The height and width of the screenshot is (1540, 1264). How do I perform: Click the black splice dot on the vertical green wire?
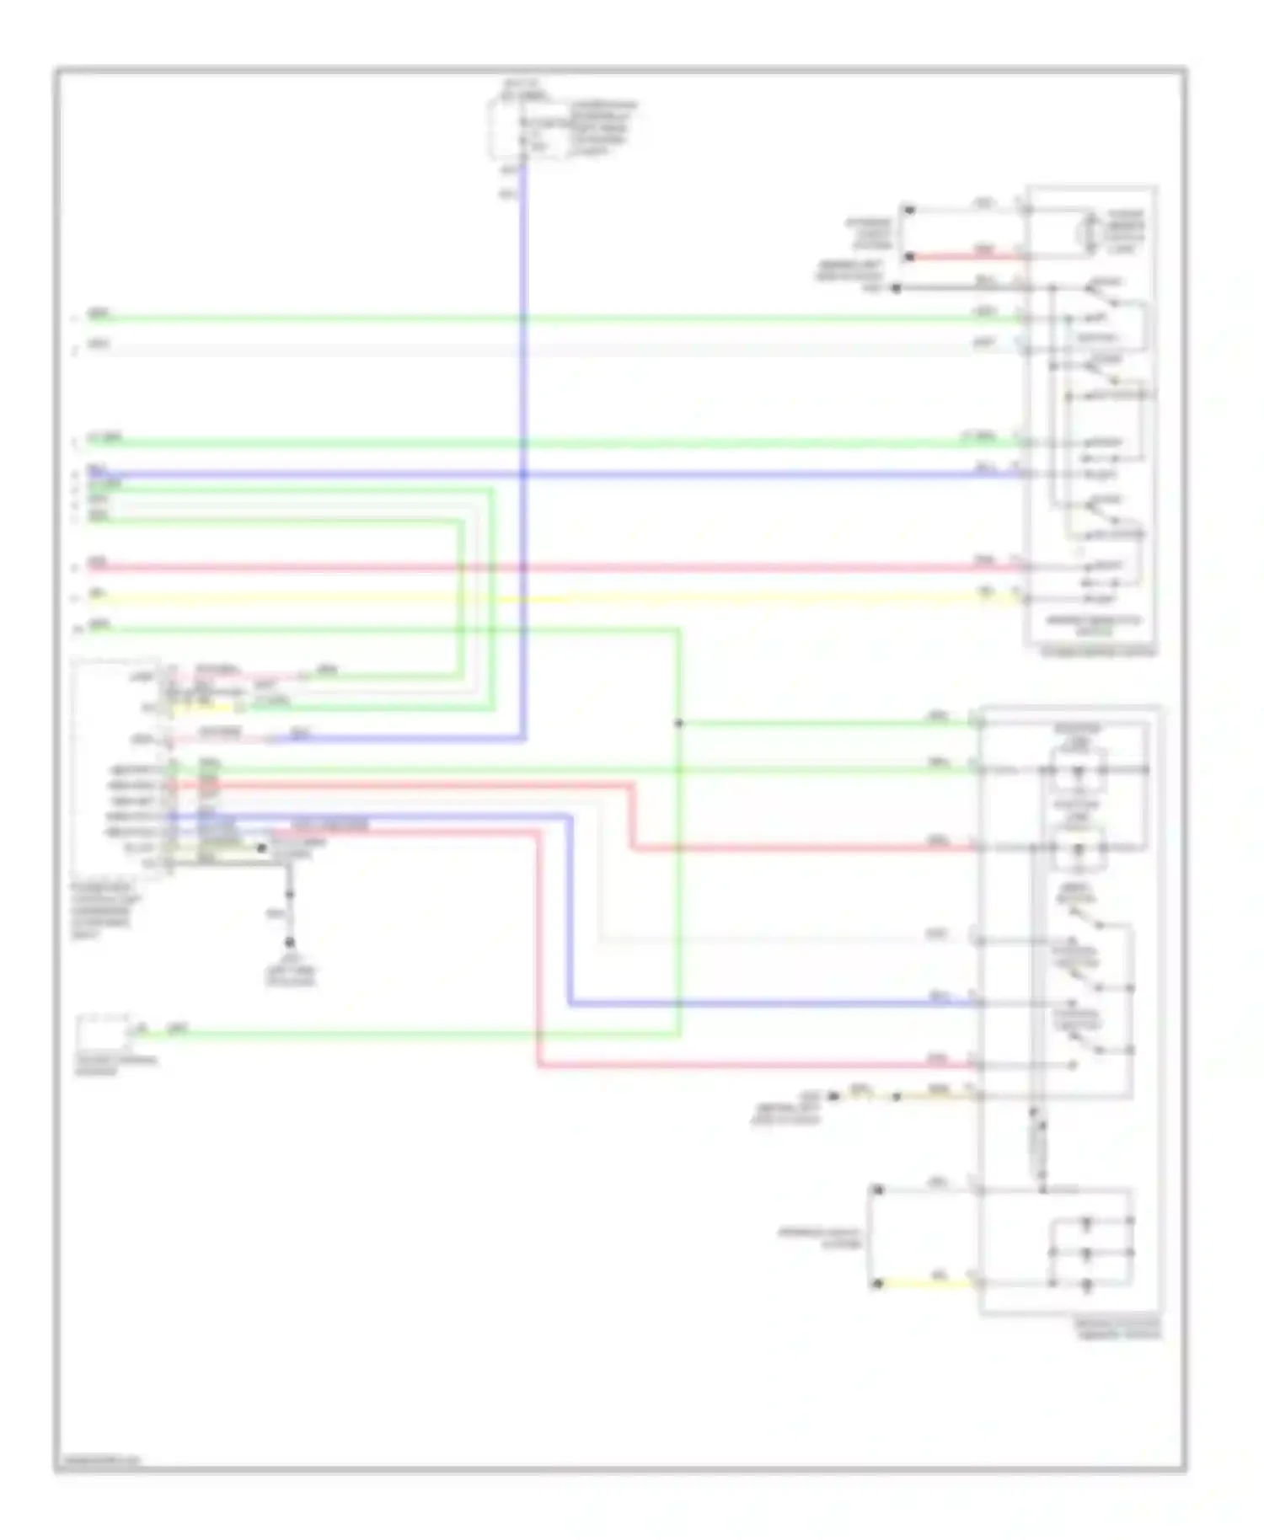678,723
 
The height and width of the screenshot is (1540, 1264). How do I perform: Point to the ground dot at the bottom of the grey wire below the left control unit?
289,942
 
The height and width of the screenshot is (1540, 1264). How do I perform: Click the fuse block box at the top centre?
509,128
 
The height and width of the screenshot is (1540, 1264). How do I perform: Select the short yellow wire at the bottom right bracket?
927,1284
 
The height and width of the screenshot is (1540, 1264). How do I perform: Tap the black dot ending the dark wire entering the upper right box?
897,288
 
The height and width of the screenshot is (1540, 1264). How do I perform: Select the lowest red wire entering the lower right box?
758,1066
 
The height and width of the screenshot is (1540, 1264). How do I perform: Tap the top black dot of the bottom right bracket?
877,1190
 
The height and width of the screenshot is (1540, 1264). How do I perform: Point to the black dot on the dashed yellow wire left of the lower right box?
897,1096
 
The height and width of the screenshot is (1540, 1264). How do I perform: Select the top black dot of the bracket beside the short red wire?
908,209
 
